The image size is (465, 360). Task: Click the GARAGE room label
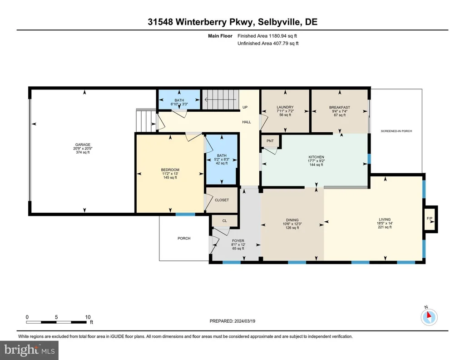[x=83, y=145]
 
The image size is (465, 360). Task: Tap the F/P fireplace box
[x=430, y=219]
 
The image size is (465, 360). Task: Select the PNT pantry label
[x=270, y=141]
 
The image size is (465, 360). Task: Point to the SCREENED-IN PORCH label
[x=396, y=131]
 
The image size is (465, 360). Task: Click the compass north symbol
[x=429, y=317]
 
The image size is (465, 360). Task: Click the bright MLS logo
[x=29, y=350]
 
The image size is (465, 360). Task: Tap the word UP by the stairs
[x=245, y=107]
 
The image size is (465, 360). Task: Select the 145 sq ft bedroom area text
[x=170, y=177]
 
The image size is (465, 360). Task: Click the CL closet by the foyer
[x=224, y=221]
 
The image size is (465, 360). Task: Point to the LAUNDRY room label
[x=285, y=107]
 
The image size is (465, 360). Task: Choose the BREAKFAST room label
[x=340, y=107]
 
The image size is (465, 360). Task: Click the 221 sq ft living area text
[x=385, y=227]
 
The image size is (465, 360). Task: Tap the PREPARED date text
[x=232, y=321]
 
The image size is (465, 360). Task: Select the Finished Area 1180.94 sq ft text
[x=267, y=36]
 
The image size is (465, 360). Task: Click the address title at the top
[x=232, y=22]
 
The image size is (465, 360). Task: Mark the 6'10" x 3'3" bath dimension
[x=179, y=104]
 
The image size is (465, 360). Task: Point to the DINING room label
[x=292, y=220]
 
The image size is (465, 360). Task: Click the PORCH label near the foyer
[x=184, y=238]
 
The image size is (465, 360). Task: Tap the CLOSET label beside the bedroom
[x=222, y=200]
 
